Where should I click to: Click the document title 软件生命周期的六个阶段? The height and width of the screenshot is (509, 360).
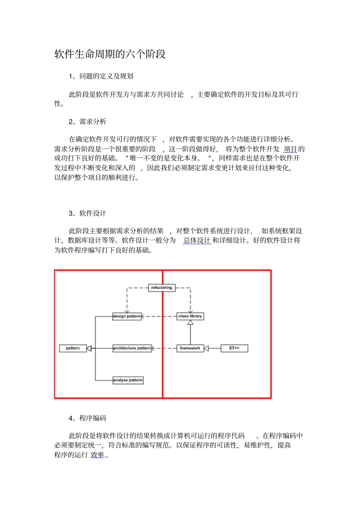point(110,54)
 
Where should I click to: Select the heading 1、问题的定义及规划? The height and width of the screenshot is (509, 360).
point(101,76)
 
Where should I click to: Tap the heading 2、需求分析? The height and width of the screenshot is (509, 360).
point(88,122)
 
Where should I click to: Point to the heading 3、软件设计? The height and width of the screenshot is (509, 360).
point(88,213)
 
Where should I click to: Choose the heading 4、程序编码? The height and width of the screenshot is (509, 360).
point(88,418)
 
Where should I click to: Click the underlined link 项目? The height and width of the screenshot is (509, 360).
point(290,149)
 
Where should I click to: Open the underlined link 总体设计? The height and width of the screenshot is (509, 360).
point(197,240)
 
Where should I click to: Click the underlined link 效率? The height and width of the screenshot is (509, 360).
point(97,455)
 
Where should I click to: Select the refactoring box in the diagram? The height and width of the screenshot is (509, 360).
point(161,288)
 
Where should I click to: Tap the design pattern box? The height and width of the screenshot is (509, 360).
point(127,316)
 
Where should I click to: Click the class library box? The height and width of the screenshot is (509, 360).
point(190,316)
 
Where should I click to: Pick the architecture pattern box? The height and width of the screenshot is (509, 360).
point(132,348)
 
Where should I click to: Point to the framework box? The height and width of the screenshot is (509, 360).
point(190,348)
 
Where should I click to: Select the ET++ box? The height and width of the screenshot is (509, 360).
point(234,348)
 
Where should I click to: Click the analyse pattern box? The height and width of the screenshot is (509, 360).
point(128,380)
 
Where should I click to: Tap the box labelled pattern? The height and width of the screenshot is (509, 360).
point(73,348)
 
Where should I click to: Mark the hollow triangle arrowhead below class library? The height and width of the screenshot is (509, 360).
point(190,323)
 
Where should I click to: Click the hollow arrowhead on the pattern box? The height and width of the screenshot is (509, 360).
point(89,348)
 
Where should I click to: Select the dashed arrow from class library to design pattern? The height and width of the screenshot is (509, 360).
point(159,316)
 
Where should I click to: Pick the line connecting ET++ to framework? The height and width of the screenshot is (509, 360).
point(215,348)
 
